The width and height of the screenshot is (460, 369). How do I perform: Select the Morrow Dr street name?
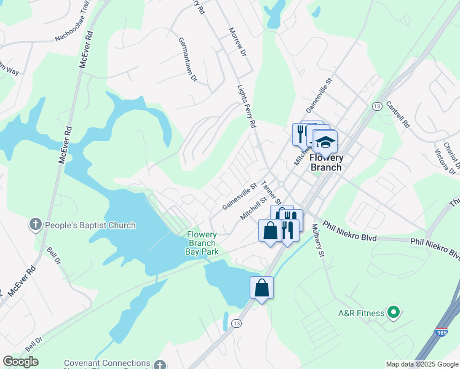click(x=237, y=42)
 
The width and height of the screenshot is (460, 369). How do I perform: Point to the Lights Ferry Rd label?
click(x=247, y=106)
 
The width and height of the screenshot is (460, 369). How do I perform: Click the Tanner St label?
click(x=271, y=192)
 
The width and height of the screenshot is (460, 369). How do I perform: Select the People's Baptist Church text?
click(x=91, y=225)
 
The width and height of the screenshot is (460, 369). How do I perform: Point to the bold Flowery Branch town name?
click(x=327, y=162)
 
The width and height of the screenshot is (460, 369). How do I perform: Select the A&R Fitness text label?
click(x=361, y=313)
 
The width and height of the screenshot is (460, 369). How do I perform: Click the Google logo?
click(x=20, y=361)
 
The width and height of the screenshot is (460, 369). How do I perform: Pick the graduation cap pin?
click(x=324, y=143)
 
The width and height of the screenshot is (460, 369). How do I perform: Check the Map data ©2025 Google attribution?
click(x=422, y=364)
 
